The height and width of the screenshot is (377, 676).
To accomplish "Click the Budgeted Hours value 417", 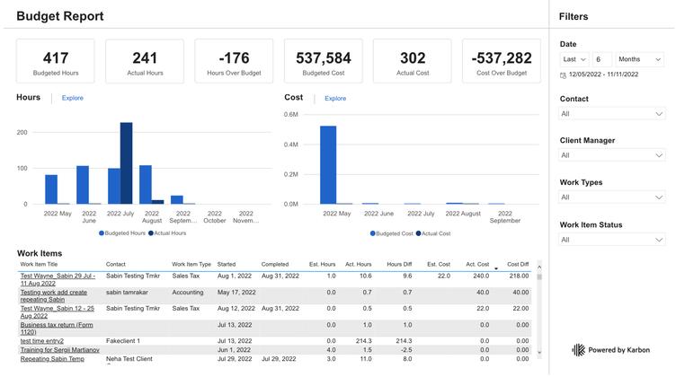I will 56,58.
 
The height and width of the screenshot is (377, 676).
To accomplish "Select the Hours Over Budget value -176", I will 234,58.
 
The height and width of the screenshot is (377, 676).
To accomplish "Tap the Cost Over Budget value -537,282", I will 501,58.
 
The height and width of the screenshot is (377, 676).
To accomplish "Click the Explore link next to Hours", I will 72,98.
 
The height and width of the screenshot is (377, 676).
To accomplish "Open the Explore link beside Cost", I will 335,98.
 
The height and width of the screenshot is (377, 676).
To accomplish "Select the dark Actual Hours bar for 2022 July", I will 126,163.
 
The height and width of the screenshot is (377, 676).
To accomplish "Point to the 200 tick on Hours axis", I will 22,132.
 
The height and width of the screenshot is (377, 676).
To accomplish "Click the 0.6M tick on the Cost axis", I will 290,115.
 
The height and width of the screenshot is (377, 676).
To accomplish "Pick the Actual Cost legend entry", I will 433,233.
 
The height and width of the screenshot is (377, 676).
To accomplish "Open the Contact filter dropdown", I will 611,114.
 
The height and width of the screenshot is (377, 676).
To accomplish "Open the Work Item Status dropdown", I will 611,240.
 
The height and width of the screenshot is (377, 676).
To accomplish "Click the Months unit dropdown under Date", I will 640,59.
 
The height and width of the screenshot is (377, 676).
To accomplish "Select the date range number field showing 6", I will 602,59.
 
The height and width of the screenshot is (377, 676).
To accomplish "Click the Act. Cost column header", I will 476,265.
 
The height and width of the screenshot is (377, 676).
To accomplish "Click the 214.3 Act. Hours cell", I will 363,341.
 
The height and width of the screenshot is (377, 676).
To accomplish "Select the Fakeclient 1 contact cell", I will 125,341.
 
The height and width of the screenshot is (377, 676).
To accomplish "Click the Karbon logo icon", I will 578,350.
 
